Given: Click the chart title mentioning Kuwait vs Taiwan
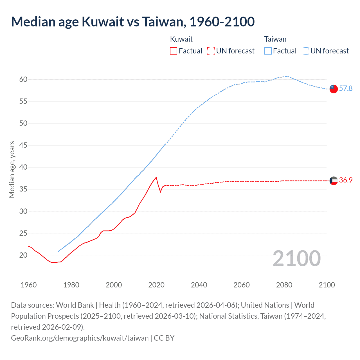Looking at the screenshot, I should click(x=133, y=22).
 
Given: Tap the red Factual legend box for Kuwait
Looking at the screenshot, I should click(x=174, y=51).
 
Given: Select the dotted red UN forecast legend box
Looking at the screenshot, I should click(x=211, y=51).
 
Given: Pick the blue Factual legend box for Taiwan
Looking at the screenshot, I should click(x=268, y=51).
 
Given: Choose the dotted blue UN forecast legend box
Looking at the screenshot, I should click(x=305, y=51).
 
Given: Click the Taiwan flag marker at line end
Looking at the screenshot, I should click(x=334, y=89).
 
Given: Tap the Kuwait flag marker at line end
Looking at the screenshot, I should click(x=334, y=181).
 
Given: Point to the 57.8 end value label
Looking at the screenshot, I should click(x=346, y=88).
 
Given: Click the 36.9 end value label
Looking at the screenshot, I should click(x=346, y=180).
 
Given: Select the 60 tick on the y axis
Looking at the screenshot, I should click(x=23, y=79).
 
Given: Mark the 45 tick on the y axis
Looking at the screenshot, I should click(x=23, y=145).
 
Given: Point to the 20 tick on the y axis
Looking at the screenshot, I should click(x=23, y=255).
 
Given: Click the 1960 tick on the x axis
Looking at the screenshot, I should click(x=29, y=285).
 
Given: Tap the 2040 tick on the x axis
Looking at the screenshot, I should click(x=199, y=285).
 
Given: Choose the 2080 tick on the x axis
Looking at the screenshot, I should click(x=284, y=285).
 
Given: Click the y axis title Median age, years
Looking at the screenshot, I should click(x=12, y=170).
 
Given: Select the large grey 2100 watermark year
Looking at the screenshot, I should click(x=296, y=258).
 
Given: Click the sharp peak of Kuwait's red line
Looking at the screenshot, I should click(x=156, y=177).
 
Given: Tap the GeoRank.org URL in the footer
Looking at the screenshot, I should click(x=80, y=338).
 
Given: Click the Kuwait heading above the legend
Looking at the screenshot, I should click(x=181, y=39).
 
